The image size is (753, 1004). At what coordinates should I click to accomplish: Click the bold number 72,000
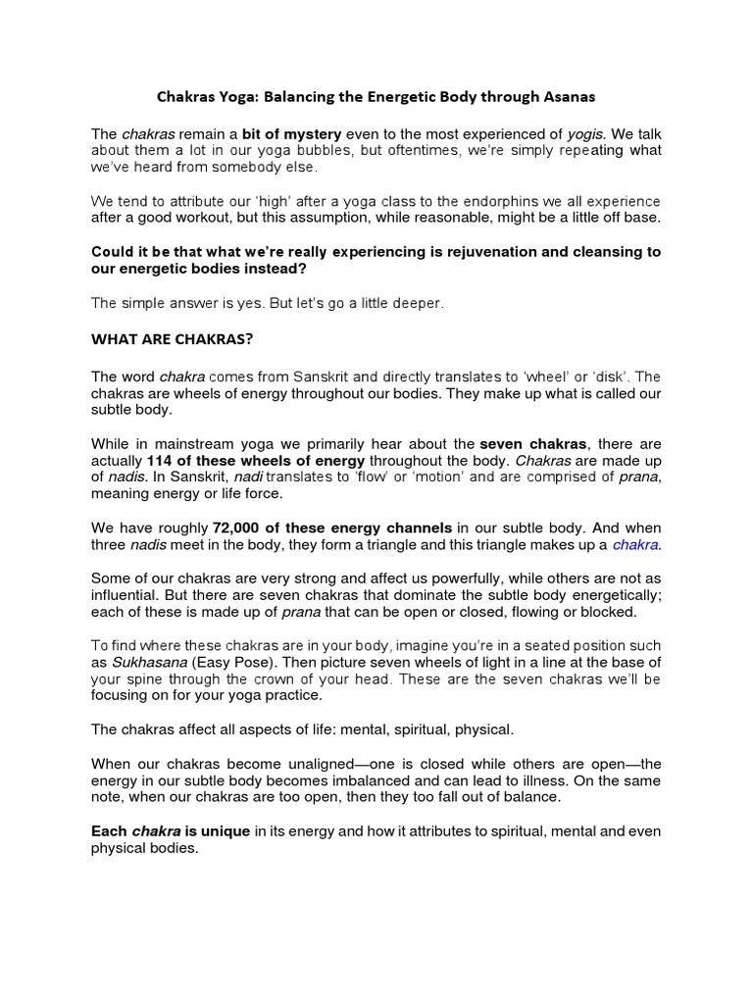(239, 527)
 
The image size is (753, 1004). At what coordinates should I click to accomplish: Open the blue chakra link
(636, 544)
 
